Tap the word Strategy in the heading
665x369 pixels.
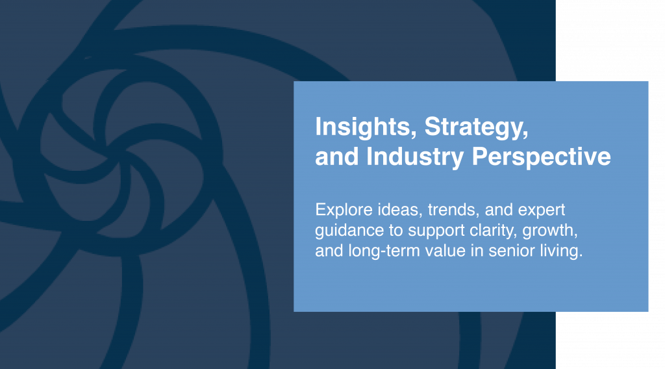click(x=476, y=127)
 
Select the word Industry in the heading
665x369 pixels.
click(x=415, y=157)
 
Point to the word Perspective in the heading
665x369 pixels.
click(x=541, y=157)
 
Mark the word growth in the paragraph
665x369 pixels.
click(x=549, y=231)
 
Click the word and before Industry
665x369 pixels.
click(x=337, y=157)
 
